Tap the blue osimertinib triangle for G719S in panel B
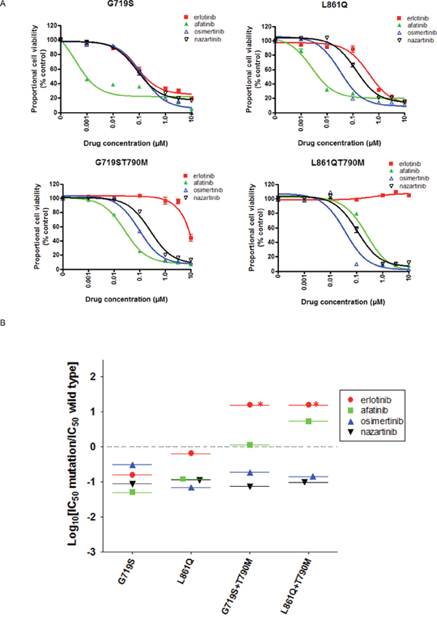point(133,464)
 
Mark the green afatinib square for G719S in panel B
point(133,493)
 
